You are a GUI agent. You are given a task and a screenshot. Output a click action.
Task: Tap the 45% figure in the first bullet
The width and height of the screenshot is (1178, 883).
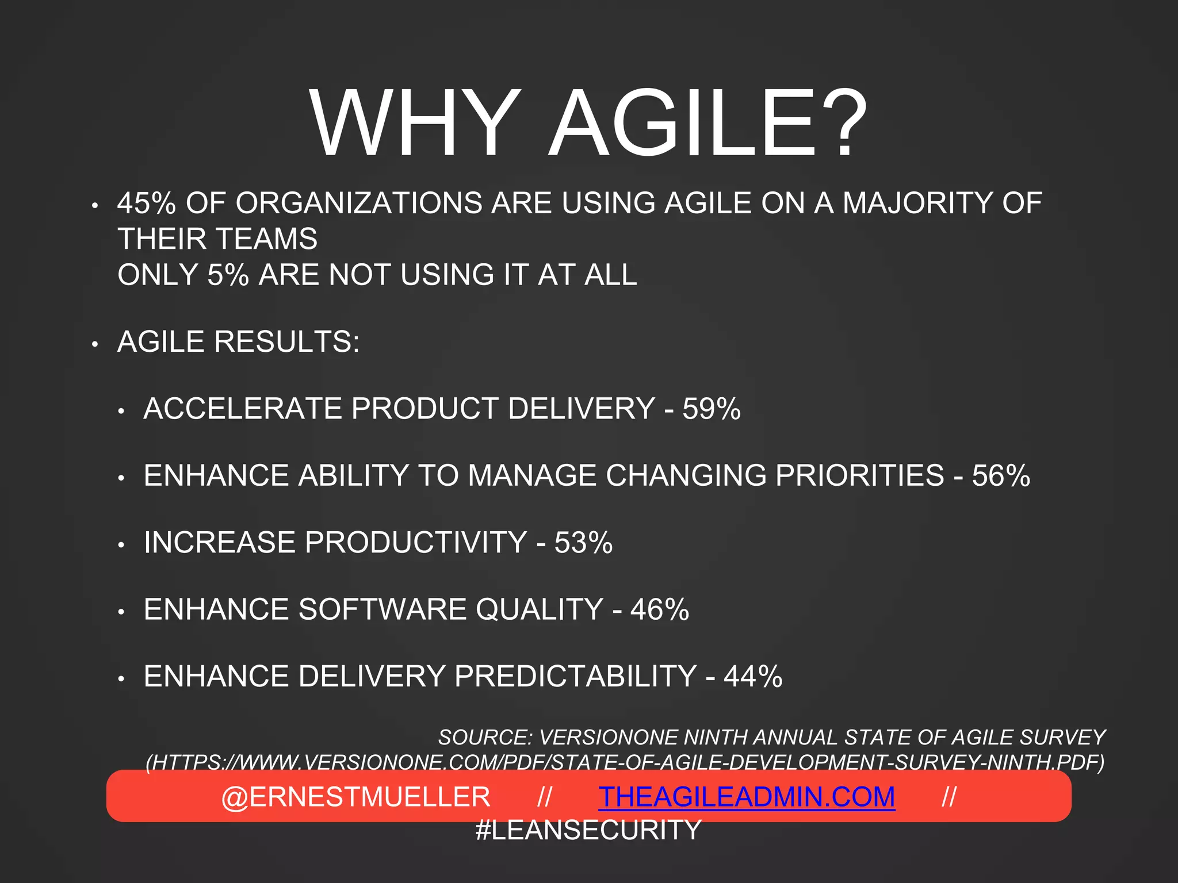pos(146,204)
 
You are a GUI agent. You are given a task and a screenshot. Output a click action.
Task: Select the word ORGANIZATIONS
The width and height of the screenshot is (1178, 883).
pos(359,204)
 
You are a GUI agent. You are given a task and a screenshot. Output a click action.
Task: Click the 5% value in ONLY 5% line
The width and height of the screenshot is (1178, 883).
pos(228,275)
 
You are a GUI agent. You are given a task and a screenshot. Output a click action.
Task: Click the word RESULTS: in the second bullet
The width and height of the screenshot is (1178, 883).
pos(287,342)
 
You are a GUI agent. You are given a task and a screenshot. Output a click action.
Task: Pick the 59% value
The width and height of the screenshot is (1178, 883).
pos(712,409)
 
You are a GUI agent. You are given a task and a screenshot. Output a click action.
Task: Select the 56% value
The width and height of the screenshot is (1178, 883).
pos(1001,476)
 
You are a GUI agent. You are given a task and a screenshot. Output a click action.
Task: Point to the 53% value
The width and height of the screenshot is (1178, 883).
pos(583,543)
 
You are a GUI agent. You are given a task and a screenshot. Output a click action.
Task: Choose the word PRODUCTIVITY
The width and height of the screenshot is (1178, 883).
pos(416,543)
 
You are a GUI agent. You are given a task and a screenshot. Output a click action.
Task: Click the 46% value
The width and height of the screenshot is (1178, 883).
pos(660,609)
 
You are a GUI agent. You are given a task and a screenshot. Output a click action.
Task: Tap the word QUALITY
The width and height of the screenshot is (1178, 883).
pos(540,609)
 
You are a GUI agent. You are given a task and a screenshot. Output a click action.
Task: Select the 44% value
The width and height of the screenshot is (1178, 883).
pos(753,677)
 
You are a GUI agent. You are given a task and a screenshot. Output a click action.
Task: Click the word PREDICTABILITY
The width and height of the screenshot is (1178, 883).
pos(575,677)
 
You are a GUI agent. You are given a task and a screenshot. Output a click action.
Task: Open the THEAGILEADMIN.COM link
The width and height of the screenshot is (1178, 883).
pos(747,797)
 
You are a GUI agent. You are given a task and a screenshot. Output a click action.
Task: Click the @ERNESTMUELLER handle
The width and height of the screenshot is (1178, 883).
pos(355,797)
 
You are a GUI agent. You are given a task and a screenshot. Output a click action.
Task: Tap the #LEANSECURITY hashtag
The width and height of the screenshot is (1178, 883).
pos(588,830)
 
